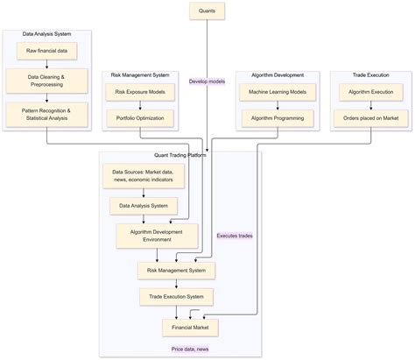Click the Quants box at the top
pos(207,11)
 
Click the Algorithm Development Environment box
pos(157,235)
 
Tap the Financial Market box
pos(189,327)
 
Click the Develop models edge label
pos(207,81)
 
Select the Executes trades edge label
pos(236,236)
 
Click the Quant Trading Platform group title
pos(179,156)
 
